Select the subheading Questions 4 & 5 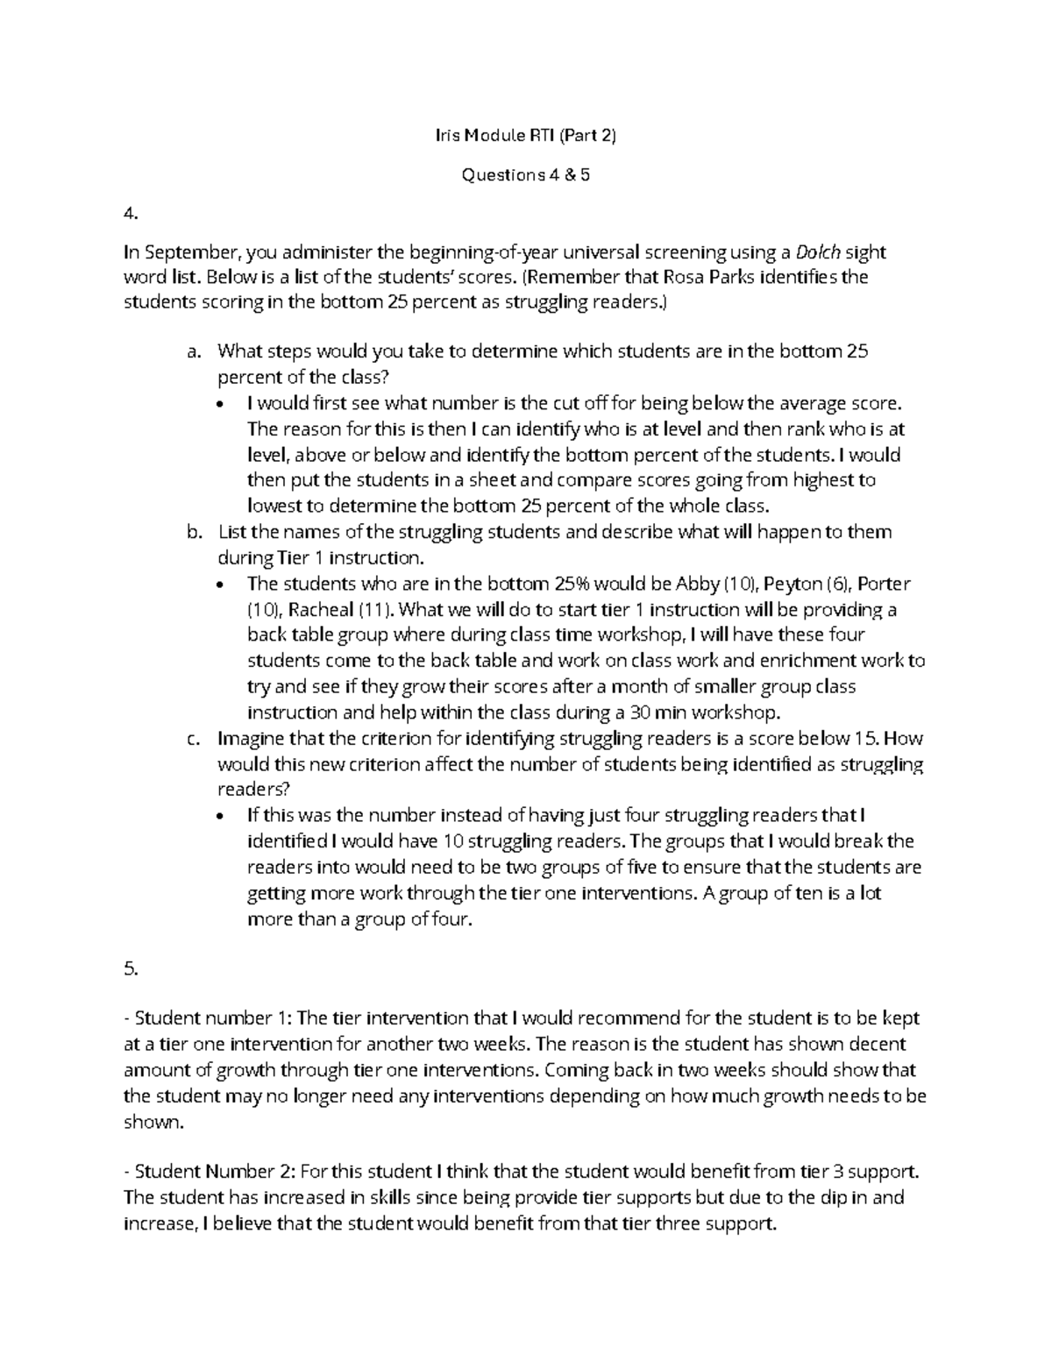click(x=526, y=174)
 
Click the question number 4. click(x=131, y=213)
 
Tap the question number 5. click(x=131, y=968)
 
